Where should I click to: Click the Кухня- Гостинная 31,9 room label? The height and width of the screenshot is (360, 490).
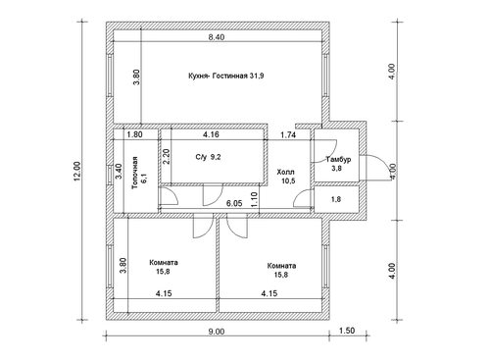pyautogui.click(x=226, y=77)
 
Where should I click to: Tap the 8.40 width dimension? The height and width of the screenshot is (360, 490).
pyautogui.click(x=217, y=37)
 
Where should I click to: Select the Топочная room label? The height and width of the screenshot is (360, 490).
pyautogui.click(x=134, y=173)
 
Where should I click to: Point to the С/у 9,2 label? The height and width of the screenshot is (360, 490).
pyautogui.click(x=208, y=157)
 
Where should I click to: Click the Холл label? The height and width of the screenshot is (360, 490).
pyautogui.click(x=285, y=172)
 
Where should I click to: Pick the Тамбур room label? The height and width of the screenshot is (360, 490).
pyautogui.click(x=338, y=160)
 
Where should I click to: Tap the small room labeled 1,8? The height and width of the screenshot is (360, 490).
pyautogui.click(x=336, y=199)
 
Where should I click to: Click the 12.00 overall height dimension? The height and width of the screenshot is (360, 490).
pyautogui.click(x=77, y=171)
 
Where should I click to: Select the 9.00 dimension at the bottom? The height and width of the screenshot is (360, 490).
pyautogui.click(x=217, y=332)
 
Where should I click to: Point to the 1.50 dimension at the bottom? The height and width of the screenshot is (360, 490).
pyautogui.click(x=347, y=331)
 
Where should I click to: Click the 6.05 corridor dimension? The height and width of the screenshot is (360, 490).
pyautogui.click(x=234, y=203)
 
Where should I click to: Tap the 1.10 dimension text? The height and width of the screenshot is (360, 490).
pyautogui.click(x=255, y=199)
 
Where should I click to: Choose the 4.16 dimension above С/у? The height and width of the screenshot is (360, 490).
pyautogui.click(x=211, y=134)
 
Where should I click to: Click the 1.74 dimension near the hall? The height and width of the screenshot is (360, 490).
pyautogui.click(x=288, y=134)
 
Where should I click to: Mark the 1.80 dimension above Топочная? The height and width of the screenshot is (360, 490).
pyautogui.click(x=134, y=134)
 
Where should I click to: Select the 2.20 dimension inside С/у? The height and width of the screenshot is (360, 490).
pyautogui.click(x=167, y=157)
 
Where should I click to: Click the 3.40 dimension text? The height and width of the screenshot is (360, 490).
pyautogui.click(x=119, y=171)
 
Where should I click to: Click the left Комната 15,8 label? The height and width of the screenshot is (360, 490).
pyautogui.click(x=164, y=267)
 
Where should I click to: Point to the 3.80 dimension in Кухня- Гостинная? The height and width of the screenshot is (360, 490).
pyautogui.click(x=136, y=77)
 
